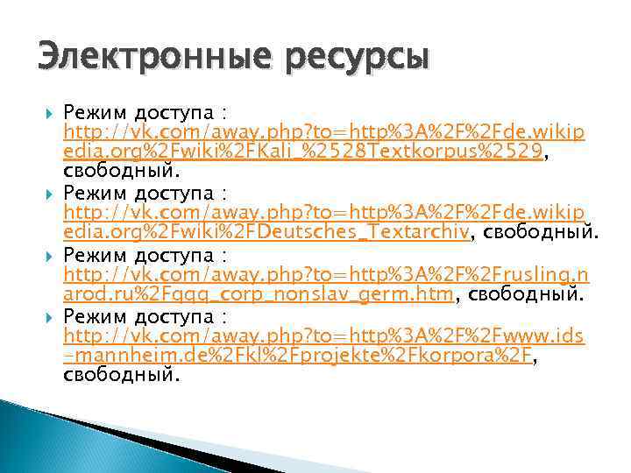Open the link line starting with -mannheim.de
point(298,357)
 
